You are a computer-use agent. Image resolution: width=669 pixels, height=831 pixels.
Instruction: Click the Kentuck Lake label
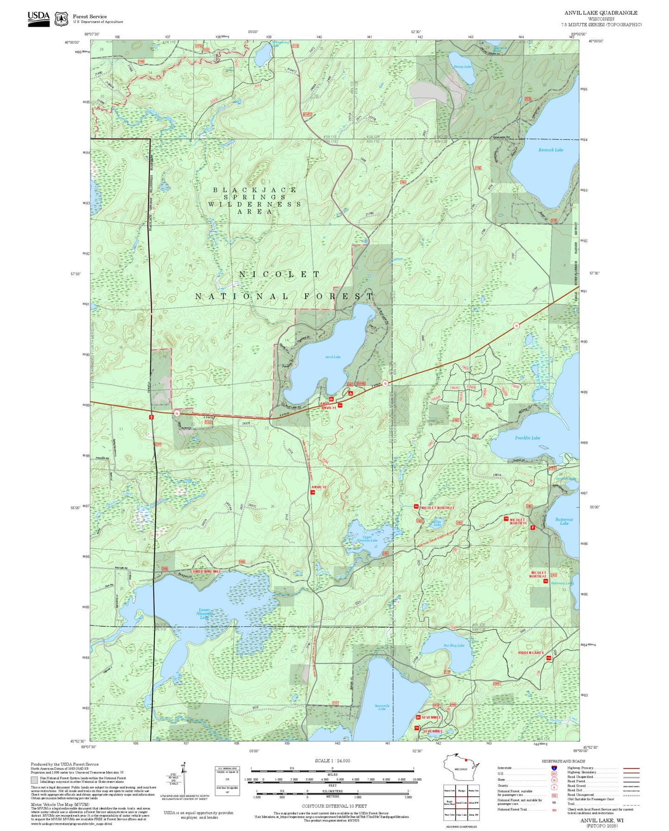tap(550, 150)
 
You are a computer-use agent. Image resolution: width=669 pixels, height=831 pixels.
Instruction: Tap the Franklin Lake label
tap(527, 438)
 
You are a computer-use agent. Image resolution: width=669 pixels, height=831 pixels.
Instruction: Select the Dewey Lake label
tap(463, 67)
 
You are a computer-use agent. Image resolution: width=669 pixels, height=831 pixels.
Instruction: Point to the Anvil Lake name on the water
tap(332, 357)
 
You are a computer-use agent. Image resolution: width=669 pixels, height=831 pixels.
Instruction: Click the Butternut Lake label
tap(564, 521)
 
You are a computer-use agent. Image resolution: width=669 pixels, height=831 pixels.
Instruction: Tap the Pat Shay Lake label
tap(454, 645)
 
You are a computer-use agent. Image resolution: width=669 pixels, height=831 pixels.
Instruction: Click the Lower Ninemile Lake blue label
tap(204, 614)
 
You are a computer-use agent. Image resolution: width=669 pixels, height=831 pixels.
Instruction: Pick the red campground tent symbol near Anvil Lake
tap(350, 393)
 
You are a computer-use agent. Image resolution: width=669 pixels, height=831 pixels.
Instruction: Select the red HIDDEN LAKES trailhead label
tap(531, 653)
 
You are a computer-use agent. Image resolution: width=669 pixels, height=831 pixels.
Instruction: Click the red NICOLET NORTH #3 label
tap(437, 508)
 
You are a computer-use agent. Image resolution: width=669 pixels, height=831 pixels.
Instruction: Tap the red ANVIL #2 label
tap(319, 487)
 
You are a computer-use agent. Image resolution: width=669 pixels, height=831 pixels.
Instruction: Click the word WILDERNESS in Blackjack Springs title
tap(254, 204)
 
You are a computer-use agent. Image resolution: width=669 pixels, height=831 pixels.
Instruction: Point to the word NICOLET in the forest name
tap(279, 275)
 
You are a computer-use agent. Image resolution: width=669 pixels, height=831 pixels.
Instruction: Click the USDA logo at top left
tap(38, 19)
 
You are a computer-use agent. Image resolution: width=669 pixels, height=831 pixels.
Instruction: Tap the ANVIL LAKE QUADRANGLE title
tap(600, 13)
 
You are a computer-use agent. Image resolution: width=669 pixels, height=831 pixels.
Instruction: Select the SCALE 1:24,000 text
tap(332, 761)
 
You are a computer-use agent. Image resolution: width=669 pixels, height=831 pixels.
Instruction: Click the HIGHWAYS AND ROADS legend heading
tap(563, 761)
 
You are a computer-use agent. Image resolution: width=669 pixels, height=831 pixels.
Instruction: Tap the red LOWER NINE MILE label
tap(206, 571)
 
